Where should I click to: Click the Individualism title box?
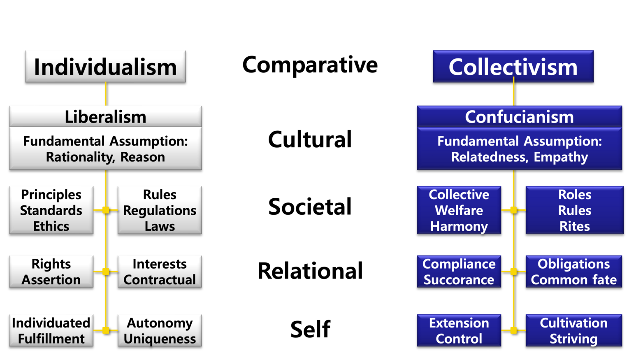click(105, 66)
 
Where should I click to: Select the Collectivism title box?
click(513, 66)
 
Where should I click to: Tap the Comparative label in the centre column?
click(310, 64)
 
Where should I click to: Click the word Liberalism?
click(105, 117)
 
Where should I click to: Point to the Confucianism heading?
click(519, 117)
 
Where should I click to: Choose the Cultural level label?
click(310, 139)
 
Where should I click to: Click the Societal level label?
click(310, 206)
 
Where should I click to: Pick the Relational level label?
click(310, 270)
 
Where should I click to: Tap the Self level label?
click(310, 329)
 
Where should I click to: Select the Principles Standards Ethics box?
click(51, 210)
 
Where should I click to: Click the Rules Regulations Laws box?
click(160, 210)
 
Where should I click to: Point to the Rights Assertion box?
click(51, 272)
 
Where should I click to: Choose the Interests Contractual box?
click(160, 272)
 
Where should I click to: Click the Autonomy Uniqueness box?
click(160, 330)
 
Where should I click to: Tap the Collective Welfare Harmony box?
click(459, 210)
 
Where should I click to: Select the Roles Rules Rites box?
click(574, 210)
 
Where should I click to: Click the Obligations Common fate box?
click(573, 272)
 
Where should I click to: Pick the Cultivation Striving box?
click(573, 330)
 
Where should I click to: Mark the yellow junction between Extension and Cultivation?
click(513, 330)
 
